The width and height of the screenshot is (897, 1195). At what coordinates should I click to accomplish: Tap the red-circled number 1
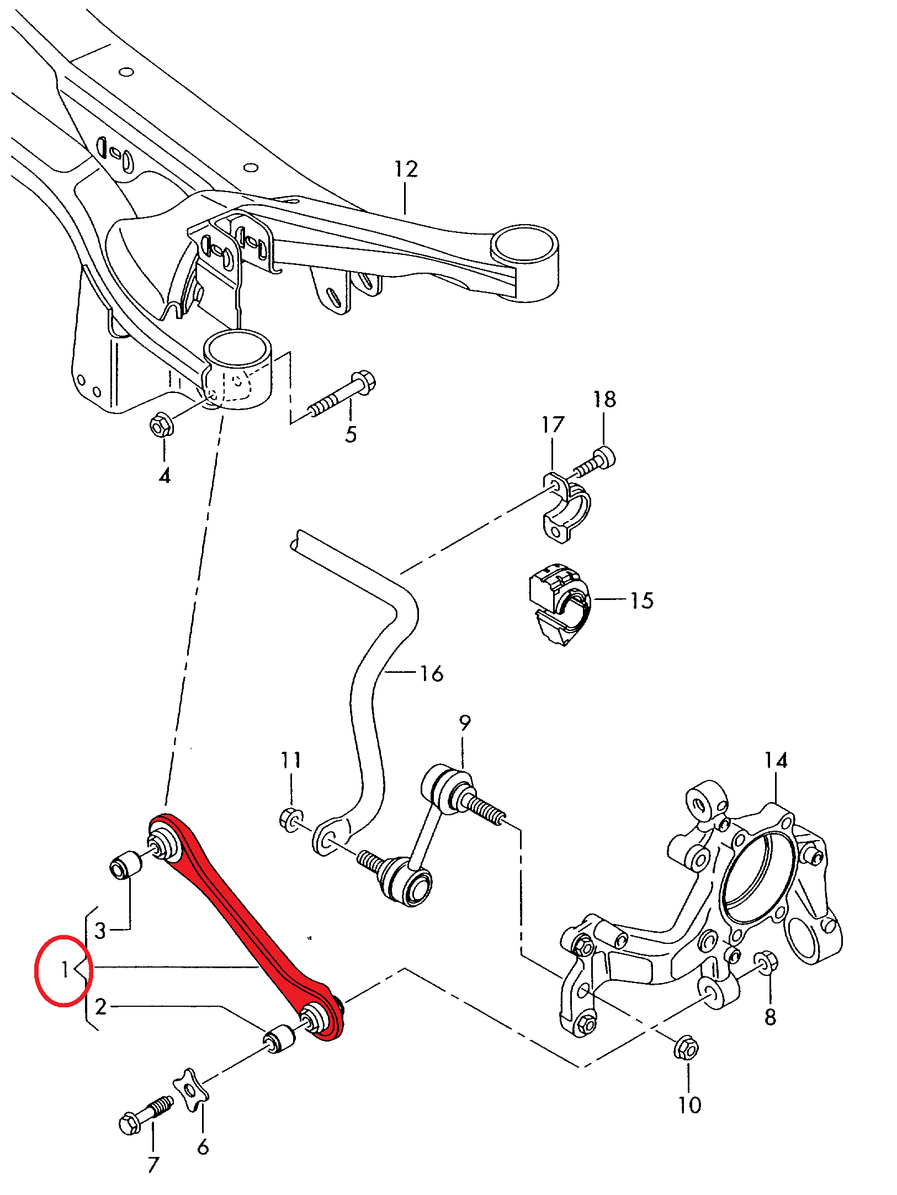coord(64,970)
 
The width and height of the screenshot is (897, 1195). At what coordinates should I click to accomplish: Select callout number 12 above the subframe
coord(406,169)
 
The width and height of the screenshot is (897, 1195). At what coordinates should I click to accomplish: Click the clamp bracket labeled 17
coord(564,506)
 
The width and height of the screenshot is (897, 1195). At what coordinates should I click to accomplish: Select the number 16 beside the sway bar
coord(431,673)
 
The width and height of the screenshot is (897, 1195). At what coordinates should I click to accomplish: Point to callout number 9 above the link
coord(465,723)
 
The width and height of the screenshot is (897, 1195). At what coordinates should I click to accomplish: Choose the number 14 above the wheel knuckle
coord(775,761)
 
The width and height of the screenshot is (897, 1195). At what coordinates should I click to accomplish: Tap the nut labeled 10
coord(686,1047)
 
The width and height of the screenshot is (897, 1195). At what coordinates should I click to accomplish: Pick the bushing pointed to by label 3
coord(125,864)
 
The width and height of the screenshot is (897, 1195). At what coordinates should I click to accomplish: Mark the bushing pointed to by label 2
coord(278,1038)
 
